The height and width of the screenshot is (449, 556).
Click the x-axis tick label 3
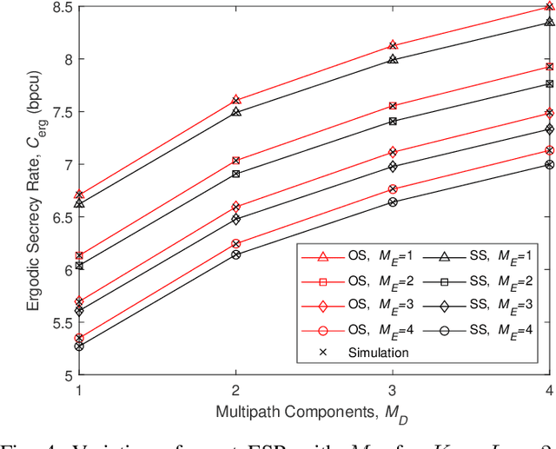pyautogui.click(x=393, y=390)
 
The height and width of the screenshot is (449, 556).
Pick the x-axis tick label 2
pyautogui.click(x=236, y=390)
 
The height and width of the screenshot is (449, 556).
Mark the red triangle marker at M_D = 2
pyautogui.click(x=236, y=101)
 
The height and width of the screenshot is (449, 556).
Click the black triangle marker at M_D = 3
pyautogui.click(x=393, y=60)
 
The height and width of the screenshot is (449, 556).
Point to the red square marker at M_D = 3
pyautogui.click(x=393, y=106)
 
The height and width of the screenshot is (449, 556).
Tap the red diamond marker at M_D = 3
pyautogui.click(x=393, y=152)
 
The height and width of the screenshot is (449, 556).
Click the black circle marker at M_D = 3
pyautogui.click(x=393, y=202)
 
